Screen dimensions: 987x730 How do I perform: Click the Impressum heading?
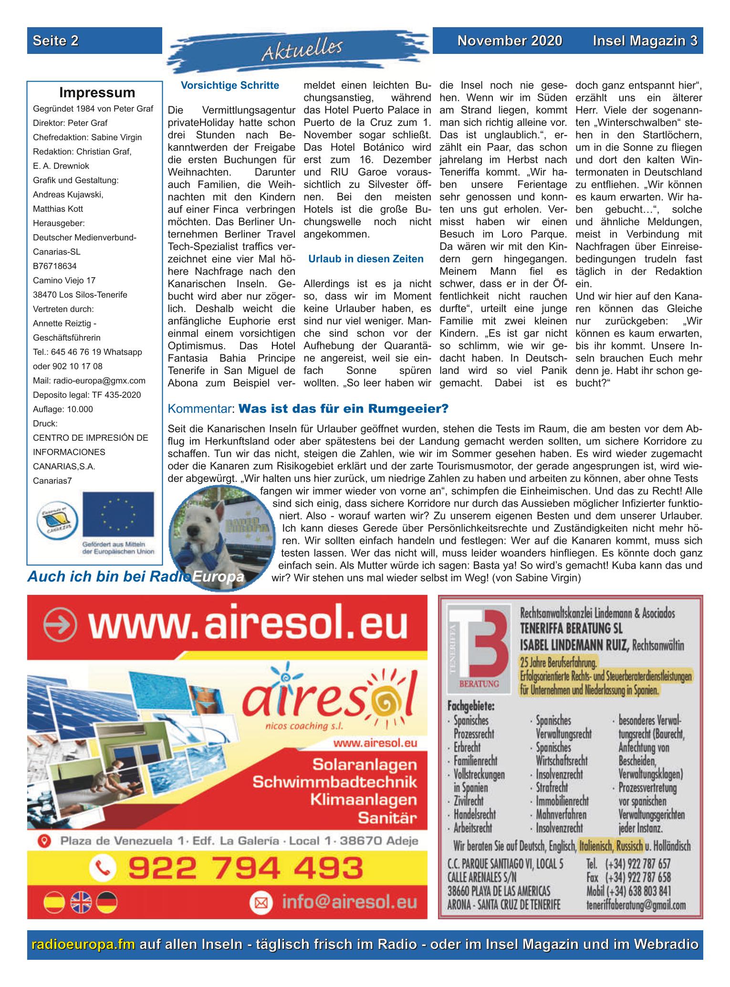pyautogui.click(x=97, y=92)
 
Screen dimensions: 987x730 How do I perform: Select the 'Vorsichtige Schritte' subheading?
pyautogui.click(x=230, y=85)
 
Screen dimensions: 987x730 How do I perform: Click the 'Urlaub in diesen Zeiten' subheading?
pyautogui.click(x=366, y=259)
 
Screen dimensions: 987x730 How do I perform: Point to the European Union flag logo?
pyautogui.click(x=118, y=514)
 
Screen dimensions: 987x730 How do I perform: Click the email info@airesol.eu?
pyautogui.click(x=348, y=902)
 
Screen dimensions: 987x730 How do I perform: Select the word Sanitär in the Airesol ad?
pyautogui.click(x=388, y=819)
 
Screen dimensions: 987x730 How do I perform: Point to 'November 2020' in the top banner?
pyautogui.click(x=510, y=41)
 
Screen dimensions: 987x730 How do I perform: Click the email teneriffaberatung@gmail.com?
pyautogui.click(x=636, y=905)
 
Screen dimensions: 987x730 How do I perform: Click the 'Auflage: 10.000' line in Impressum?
pyautogui.click(x=63, y=409)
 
